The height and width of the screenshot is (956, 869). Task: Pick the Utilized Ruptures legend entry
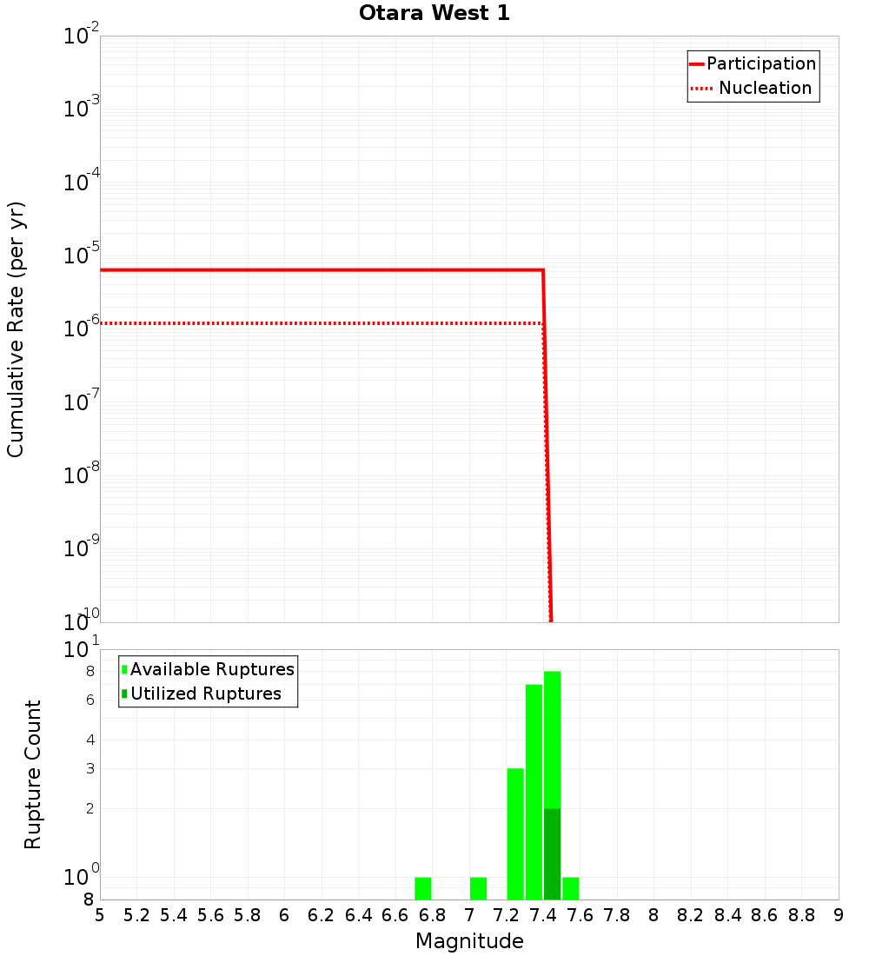coord(205,694)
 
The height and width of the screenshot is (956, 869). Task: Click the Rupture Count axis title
coord(33,774)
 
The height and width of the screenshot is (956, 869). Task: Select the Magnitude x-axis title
coord(469,941)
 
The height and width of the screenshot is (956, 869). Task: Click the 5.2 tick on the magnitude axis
coord(136,915)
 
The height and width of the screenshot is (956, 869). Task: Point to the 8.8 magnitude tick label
coord(801,915)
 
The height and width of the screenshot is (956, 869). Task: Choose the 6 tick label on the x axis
coord(284,915)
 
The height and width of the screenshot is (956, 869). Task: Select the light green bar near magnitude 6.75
coord(423,888)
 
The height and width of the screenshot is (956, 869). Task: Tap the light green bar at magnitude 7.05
coord(478,888)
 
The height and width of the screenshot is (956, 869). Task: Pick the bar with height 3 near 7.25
coord(515,834)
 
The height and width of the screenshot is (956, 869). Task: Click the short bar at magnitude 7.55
coord(571,888)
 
